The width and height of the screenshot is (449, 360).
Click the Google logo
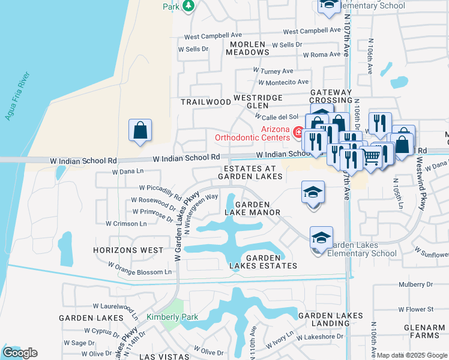[19, 353]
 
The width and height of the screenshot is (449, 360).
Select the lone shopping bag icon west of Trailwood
[140, 130]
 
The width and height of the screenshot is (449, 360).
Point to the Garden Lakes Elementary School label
[362, 249]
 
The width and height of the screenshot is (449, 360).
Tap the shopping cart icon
[372, 157]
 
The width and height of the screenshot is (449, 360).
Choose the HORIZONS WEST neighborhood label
[128, 250]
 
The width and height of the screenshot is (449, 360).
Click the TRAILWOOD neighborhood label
[206, 102]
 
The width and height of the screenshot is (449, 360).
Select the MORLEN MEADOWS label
[247, 49]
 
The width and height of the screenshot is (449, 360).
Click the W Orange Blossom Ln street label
[139, 268]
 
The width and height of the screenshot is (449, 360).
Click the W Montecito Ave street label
[283, 82]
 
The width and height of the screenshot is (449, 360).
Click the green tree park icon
[188, 5]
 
